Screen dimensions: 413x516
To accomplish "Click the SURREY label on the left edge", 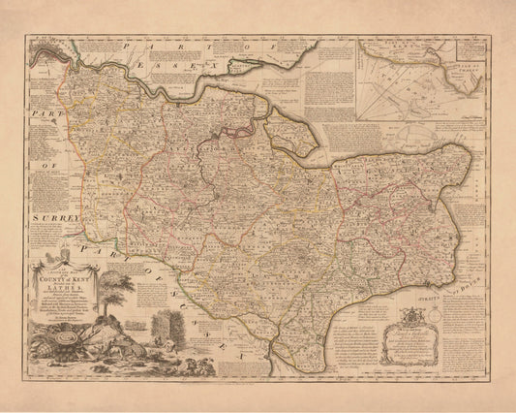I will [38, 219].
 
